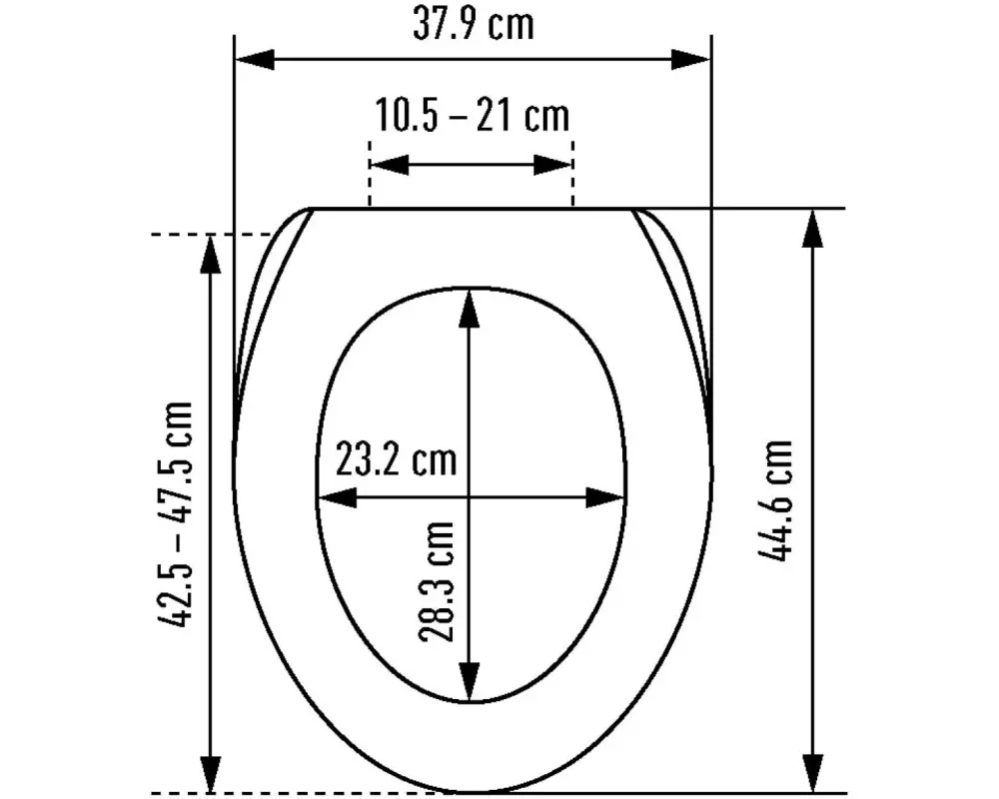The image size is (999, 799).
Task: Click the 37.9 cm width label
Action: click(473, 25)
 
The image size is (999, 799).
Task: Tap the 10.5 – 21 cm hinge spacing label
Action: click(472, 117)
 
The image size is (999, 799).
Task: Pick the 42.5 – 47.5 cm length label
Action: click(176, 514)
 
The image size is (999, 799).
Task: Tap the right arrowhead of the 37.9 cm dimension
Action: click(691, 59)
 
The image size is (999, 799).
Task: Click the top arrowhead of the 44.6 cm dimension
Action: click(814, 230)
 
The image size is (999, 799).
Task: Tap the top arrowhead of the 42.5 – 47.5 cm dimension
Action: click(211, 256)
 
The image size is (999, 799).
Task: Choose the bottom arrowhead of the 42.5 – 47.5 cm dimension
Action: click(211, 773)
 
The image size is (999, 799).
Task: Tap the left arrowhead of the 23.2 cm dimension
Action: click(336, 496)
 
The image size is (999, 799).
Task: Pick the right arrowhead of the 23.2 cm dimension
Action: click(605, 496)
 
